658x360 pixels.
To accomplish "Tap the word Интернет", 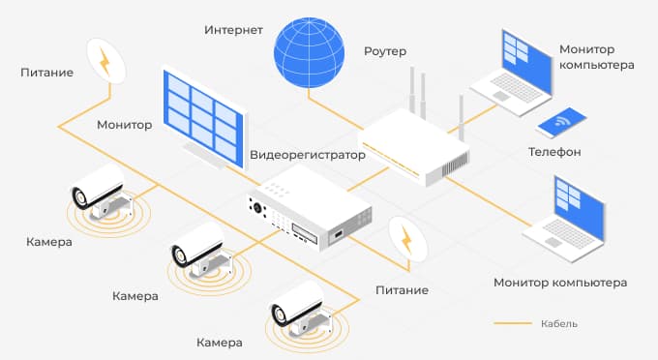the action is pos(233,29).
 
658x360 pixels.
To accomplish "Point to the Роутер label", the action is pos(385,49).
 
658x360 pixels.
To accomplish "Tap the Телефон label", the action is pos(554,152).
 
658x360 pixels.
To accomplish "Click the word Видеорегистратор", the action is pos(308,155).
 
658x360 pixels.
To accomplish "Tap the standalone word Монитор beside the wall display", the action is pos(125,125).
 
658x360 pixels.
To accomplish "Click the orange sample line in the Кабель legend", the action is pos(513,323).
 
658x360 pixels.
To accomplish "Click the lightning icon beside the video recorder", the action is pos(407,239).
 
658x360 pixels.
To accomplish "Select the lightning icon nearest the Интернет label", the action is pos(107,61).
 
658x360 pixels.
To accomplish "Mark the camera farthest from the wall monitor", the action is pos(298,305).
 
